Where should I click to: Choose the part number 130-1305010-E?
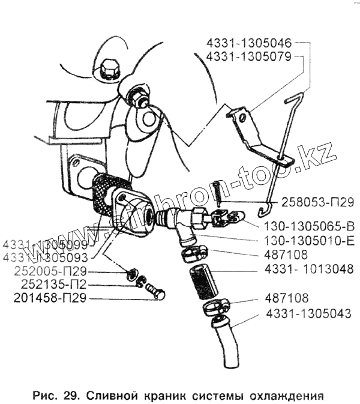tap(310, 240)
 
